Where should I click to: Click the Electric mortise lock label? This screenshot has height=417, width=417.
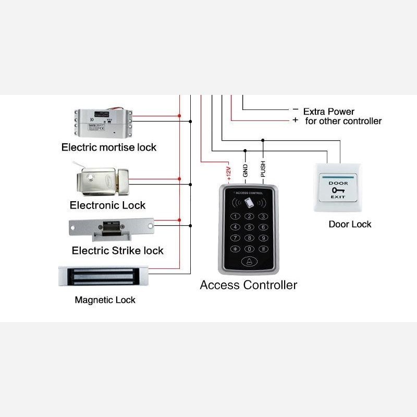click(x=109, y=148)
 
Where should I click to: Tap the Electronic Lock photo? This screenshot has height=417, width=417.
click(x=102, y=181)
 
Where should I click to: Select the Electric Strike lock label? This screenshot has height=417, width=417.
click(x=118, y=251)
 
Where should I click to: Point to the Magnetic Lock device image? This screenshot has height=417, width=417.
click(x=103, y=276)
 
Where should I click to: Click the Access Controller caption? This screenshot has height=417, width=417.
click(x=249, y=285)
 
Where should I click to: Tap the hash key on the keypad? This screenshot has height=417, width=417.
click(x=263, y=249)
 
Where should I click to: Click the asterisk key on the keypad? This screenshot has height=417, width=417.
click(x=235, y=249)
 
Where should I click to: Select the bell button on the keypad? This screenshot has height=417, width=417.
click(x=249, y=262)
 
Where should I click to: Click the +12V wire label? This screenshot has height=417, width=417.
click(x=228, y=174)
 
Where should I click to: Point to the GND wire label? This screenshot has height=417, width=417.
click(x=245, y=170)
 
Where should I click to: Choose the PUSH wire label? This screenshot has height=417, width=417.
click(x=263, y=169)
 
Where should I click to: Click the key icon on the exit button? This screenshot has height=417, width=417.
click(x=338, y=190)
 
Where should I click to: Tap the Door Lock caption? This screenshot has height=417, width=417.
click(x=350, y=224)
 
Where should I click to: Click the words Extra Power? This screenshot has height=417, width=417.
click(x=329, y=112)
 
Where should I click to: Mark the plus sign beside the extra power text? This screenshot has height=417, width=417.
click(x=295, y=120)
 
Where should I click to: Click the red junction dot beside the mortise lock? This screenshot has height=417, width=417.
click(x=179, y=116)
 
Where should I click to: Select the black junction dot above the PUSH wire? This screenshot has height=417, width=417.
click(x=263, y=140)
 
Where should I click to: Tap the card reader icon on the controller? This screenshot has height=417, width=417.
click(x=249, y=203)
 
